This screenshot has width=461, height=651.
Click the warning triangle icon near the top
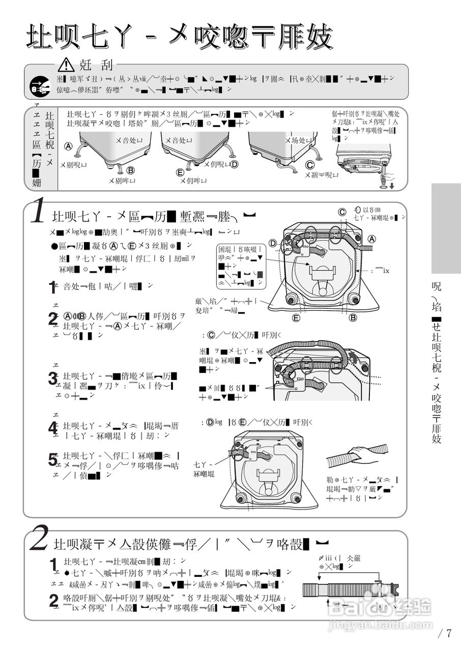tap(66, 65)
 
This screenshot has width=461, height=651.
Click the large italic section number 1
tap(38, 213)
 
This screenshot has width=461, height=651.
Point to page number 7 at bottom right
tap(449, 633)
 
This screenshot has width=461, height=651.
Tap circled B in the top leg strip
tap(131, 170)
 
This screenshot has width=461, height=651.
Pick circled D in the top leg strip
tap(235, 164)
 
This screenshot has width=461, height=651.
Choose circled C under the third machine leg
tap(309, 165)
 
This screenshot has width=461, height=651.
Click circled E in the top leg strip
tap(180, 172)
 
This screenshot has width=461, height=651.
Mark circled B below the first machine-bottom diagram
tap(353, 318)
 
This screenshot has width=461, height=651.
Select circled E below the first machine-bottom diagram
tap(296, 318)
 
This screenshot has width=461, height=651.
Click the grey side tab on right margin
tap(446, 228)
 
